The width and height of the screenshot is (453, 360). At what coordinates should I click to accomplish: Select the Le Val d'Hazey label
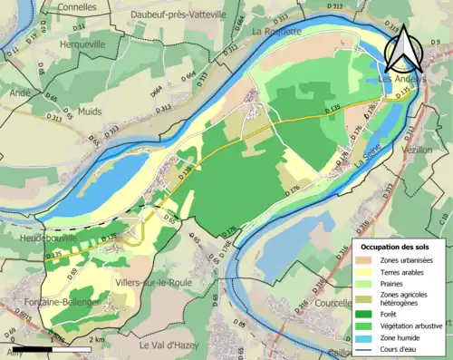click(x=172, y=345)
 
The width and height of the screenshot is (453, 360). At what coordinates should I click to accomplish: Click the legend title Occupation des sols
click(x=398, y=247)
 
